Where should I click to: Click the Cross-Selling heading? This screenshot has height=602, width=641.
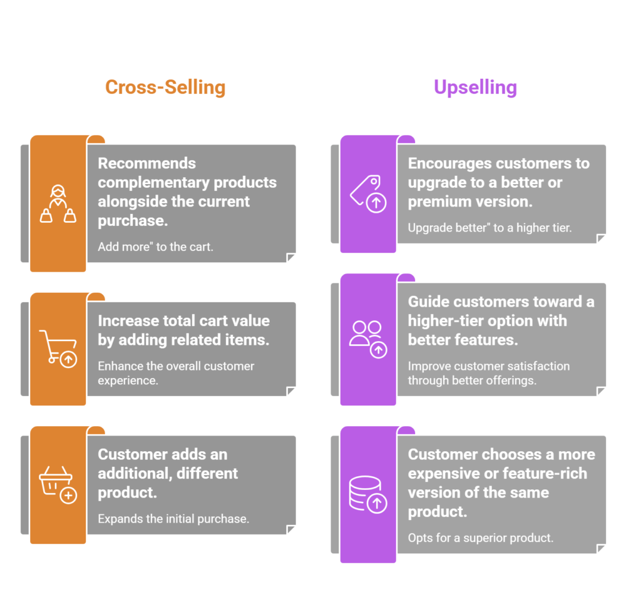[x=165, y=87]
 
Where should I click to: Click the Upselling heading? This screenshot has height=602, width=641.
[x=475, y=87]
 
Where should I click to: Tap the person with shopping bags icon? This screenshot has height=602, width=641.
[x=58, y=204]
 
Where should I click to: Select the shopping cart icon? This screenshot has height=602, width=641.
[x=58, y=348]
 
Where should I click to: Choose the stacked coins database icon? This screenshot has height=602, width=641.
[x=368, y=494]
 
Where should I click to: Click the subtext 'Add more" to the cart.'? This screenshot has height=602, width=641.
[x=155, y=247]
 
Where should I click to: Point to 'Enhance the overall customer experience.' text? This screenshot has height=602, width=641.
[x=176, y=373]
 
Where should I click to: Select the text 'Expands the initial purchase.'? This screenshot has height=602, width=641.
[x=173, y=518]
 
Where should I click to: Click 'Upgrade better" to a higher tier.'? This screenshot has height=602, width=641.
[x=490, y=228]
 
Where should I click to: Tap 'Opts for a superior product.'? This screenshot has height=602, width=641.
[x=481, y=538]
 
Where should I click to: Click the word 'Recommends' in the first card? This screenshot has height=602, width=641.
[x=146, y=163]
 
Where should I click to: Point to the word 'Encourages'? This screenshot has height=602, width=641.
[x=449, y=163]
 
